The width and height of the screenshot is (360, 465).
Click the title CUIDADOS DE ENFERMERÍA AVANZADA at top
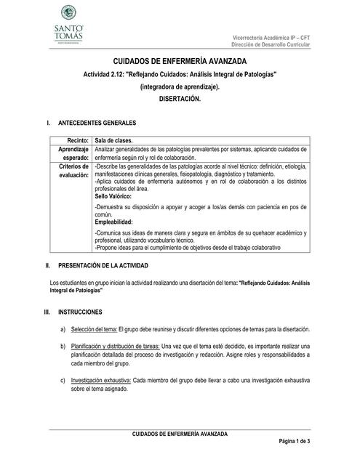[179, 65]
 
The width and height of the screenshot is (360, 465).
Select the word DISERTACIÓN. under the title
[179, 99]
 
